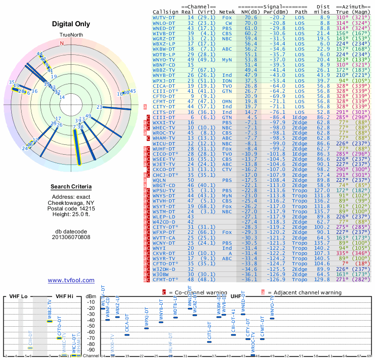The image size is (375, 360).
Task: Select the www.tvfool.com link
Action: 71,280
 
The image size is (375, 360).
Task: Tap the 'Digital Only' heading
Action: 71,24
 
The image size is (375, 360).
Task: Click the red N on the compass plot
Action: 61,43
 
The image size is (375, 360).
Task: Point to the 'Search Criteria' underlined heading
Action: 71,187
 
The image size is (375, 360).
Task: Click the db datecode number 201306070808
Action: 71,237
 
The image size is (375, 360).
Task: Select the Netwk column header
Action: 227,11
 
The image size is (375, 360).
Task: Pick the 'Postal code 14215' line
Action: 71,208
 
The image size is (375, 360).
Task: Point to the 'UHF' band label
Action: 237,297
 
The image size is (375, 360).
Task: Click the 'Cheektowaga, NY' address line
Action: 71,202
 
